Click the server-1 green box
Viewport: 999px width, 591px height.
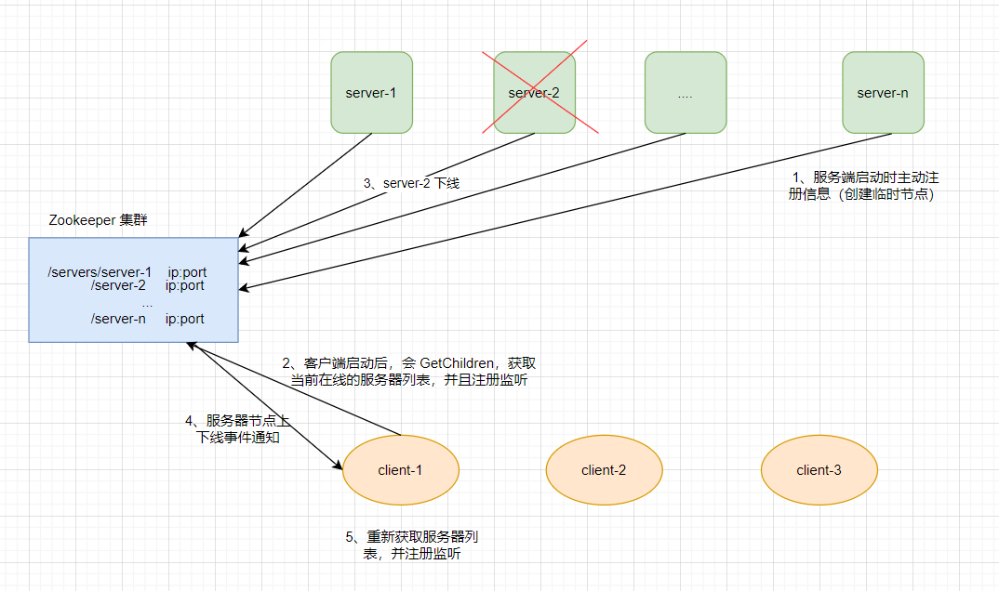pos(371,92)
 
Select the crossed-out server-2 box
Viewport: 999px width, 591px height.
pos(534,92)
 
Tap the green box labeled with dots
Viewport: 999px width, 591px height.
pos(686,92)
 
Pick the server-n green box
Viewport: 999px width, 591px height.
pos(883,92)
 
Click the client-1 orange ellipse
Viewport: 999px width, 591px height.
pos(401,469)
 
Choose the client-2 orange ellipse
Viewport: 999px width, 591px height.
pos(604,469)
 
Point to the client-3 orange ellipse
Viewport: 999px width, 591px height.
pos(819,469)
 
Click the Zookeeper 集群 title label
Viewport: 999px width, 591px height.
pos(98,220)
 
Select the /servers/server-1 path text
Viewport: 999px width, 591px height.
pos(100,272)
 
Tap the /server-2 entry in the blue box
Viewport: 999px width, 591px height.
pos(118,286)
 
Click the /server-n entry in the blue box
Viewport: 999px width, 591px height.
pos(118,319)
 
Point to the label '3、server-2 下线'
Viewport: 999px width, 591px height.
pos(411,184)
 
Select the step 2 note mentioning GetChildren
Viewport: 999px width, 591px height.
pos(408,371)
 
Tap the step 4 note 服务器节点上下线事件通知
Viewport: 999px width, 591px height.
pos(237,428)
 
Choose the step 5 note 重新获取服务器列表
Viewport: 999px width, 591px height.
pos(412,545)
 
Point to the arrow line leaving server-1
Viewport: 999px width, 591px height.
pos(307,182)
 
